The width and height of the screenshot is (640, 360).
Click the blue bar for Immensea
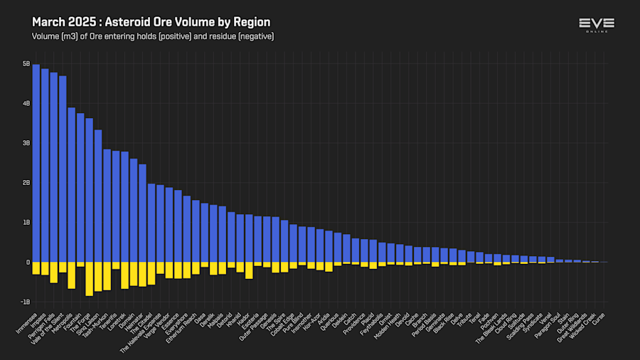tap(36, 163)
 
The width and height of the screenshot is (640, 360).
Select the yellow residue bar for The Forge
tap(90, 278)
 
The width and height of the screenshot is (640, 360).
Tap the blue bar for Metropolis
tap(72, 184)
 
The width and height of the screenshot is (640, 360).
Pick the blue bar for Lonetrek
tap(125, 206)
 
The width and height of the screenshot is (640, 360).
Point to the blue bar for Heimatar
tap(143, 213)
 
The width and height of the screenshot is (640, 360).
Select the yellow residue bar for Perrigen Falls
tap(54, 272)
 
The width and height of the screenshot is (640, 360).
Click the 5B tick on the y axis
tap(26, 64)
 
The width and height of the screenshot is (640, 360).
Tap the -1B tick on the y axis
tap(26, 302)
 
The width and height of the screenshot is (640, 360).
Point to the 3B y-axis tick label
tap(26, 143)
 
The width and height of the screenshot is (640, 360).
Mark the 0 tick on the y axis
tap(28, 262)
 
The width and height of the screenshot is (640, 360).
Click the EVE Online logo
tap(596, 25)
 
